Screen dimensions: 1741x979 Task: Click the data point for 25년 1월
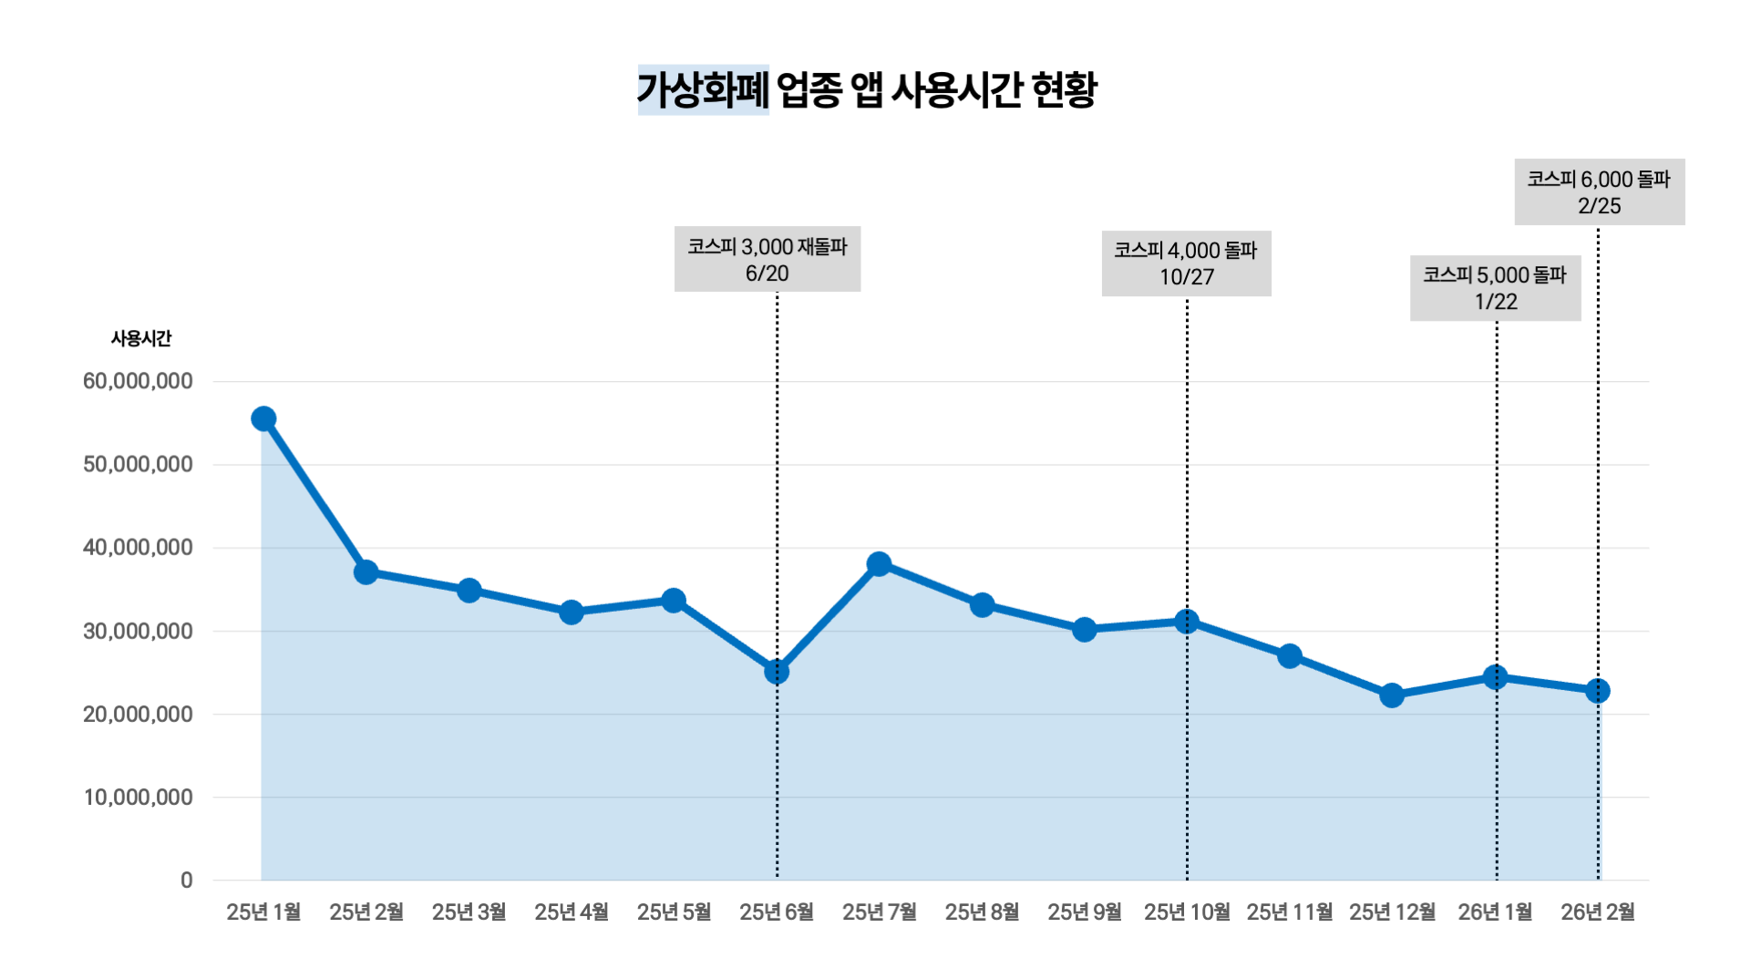point(263,418)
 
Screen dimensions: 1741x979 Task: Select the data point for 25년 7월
point(879,564)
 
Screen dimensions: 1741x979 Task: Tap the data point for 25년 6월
point(777,672)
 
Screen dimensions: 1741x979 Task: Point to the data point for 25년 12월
point(1392,696)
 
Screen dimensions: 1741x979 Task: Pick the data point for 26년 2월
point(1597,691)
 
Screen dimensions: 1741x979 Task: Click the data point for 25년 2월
point(366,572)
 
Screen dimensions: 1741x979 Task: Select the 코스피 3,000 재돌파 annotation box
point(767,260)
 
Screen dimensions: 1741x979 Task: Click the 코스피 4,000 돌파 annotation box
point(1186,263)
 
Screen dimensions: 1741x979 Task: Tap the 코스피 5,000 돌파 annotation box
point(1495,288)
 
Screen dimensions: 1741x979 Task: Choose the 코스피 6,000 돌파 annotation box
point(1600,192)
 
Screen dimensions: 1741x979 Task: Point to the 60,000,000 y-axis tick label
point(138,381)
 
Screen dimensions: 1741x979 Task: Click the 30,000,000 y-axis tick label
point(138,631)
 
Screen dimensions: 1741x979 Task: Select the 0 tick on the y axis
point(187,881)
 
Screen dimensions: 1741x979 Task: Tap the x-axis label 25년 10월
point(1187,912)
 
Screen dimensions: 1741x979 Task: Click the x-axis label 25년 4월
point(572,912)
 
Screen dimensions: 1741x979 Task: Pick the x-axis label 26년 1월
point(1495,912)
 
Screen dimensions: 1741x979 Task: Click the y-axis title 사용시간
point(141,338)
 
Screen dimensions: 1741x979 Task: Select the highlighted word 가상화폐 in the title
point(703,89)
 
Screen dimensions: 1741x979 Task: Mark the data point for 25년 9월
point(1084,629)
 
